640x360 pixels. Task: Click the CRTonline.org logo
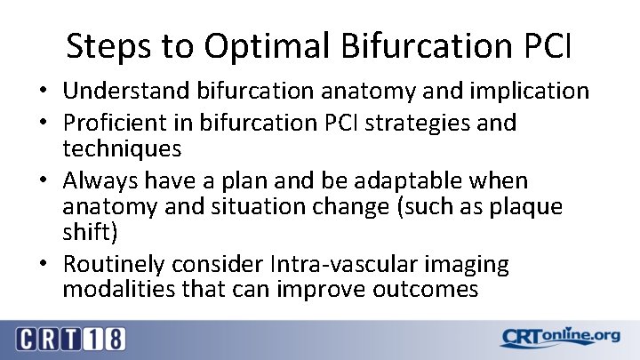point(559,338)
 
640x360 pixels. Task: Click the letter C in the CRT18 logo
point(27,339)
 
